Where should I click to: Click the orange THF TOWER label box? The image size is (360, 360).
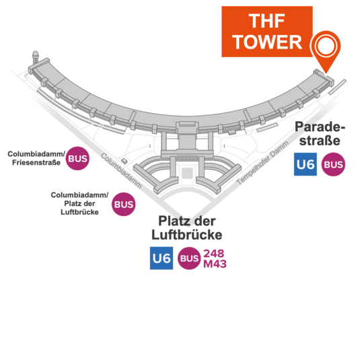266,32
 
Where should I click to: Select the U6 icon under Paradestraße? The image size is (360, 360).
305,164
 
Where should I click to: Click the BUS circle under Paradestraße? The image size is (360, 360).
333,164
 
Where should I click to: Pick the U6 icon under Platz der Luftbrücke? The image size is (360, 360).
161,258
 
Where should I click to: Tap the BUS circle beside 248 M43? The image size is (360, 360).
189,258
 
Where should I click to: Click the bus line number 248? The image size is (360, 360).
213,254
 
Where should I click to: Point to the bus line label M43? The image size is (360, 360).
215,264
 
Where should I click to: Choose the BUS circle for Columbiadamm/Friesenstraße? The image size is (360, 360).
77,158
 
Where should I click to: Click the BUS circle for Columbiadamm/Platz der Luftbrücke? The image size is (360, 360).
124,204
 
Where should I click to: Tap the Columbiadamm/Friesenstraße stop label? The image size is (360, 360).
36,158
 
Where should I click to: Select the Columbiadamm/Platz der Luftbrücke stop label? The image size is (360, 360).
79,203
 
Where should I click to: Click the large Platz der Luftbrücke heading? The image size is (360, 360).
187,227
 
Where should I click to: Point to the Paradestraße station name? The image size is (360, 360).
320,133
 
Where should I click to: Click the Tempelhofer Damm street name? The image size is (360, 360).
262,163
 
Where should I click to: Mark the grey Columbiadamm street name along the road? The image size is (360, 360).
121,171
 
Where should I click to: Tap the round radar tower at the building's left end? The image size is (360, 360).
36,57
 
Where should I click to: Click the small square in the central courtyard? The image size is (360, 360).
187,173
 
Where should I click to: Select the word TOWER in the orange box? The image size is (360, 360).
267,42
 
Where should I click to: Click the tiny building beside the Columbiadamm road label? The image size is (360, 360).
124,160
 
